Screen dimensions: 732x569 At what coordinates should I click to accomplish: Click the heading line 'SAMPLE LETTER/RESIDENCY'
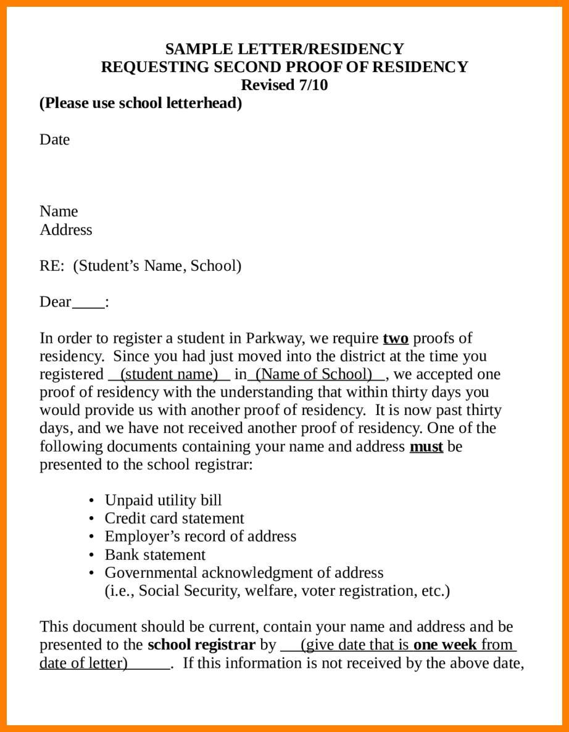pyautogui.click(x=284, y=49)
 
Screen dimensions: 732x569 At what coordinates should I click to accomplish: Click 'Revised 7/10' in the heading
pyautogui.click(x=284, y=84)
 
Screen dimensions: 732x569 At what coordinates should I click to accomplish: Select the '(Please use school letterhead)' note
pyautogui.click(x=141, y=103)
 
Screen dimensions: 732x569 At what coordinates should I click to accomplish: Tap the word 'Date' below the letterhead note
pyautogui.click(x=55, y=139)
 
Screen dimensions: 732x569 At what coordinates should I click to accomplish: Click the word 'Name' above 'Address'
pyautogui.click(x=59, y=212)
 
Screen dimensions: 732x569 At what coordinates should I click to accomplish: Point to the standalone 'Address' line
pyautogui.click(x=66, y=230)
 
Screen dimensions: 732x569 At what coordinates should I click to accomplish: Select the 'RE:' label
pyautogui.click(x=52, y=266)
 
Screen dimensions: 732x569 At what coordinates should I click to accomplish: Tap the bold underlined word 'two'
pyautogui.click(x=396, y=338)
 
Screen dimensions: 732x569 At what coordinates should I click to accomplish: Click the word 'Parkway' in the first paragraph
pyautogui.click(x=275, y=338)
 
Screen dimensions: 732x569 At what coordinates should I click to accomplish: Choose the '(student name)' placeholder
pyautogui.click(x=169, y=374)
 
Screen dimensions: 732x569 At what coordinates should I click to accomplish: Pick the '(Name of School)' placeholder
pyautogui.click(x=314, y=374)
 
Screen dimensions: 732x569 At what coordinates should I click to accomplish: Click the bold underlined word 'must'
pyautogui.click(x=426, y=446)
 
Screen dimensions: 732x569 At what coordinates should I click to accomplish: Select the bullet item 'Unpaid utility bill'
pyautogui.click(x=163, y=500)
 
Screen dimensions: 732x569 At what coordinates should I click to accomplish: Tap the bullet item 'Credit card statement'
pyautogui.click(x=174, y=518)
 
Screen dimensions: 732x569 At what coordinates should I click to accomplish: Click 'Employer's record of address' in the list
pyautogui.click(x=200, y=536)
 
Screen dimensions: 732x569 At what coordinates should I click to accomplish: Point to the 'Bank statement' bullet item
pyautogui.click(x=155, y=554)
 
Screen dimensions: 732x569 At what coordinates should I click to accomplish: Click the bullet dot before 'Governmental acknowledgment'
pyautogui.click(x=91, y=573)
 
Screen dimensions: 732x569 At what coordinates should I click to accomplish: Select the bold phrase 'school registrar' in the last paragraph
pyautogui.click(x=201, y=645)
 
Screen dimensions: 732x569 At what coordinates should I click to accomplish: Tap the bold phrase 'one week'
pyautogui.click(x=445, y=645)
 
